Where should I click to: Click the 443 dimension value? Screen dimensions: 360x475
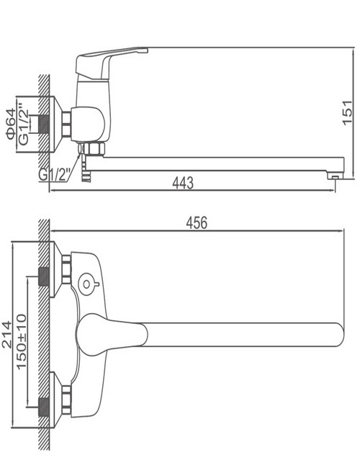pyautogui.click(x=182, y=183)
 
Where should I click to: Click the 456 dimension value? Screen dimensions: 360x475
pyautogui.click(x=197, y=223)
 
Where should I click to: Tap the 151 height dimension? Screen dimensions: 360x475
pyautogui.click(x=348, y=112)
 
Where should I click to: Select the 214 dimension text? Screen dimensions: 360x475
pyautogui.click(x=6, y=334)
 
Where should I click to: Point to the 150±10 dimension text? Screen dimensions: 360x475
pyautogui.click(x=21, y=342)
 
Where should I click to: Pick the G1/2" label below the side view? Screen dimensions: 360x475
pyautogui.click(x=55, y=175)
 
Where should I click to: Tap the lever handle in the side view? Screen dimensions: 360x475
pyautogui.click(x=111, y=63)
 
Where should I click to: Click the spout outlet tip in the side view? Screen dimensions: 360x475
pyautogui.click(x=335, y=176)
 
